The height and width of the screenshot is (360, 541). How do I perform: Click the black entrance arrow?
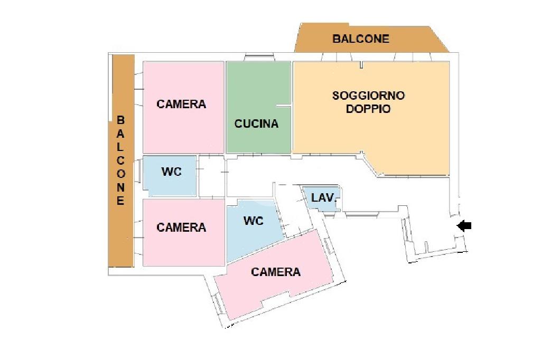tap(464, 226)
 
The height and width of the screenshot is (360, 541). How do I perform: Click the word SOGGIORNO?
tap(368, 96)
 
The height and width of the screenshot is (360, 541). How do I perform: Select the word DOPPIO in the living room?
tap(368, 109)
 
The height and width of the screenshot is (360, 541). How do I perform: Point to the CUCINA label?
tap(256, 124)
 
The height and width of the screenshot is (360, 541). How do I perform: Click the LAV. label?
tap(323, 198)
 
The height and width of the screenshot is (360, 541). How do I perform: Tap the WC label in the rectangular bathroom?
tap(171, 172)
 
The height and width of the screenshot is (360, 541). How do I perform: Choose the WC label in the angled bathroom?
tap(254, 221)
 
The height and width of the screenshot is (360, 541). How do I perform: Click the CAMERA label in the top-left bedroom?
tap(181, 104)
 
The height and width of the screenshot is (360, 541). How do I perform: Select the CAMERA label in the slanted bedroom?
tap(276, 272)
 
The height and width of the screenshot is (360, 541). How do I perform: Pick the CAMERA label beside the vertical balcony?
tap(181, 228)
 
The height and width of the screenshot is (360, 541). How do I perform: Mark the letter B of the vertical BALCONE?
tap(120, 120)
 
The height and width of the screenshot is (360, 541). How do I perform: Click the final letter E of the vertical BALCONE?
tap(120, 201)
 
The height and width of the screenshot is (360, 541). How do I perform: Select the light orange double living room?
tap(370, 137)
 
